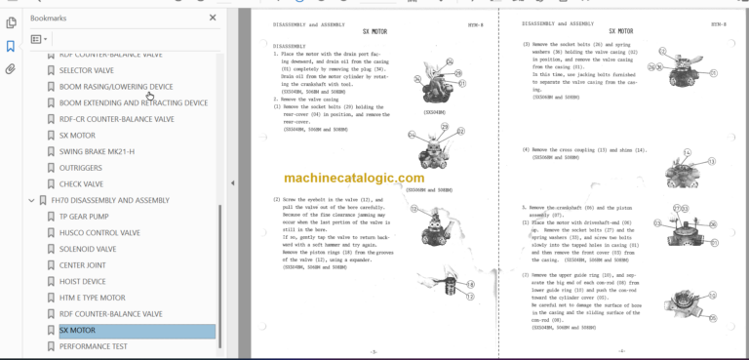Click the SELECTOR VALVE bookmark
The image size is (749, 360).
click(86, 70)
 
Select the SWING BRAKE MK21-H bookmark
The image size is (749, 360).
click(97, 151)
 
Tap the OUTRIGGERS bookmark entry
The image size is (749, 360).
click(82, 167)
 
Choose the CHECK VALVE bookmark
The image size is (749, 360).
click(82, 183)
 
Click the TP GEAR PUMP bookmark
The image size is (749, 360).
click(85, 217)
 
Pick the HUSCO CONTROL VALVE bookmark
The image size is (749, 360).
click(100, 233)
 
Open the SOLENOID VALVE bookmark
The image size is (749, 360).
click(87, 249)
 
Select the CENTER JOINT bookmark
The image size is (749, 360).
click(84, 265)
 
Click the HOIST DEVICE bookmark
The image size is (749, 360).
click(83, 281)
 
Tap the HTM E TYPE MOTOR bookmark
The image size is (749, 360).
click(93, 298)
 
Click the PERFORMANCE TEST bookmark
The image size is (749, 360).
click(93, 346)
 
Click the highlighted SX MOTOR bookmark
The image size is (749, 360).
click(77, 331)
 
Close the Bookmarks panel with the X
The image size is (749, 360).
click(213, 18)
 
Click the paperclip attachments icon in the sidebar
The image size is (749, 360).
click(10, 69)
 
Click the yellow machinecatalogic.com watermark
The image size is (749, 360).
click(354, 179)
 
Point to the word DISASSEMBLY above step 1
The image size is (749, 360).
click(290, 45)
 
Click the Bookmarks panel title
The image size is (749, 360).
click(49, 18)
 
